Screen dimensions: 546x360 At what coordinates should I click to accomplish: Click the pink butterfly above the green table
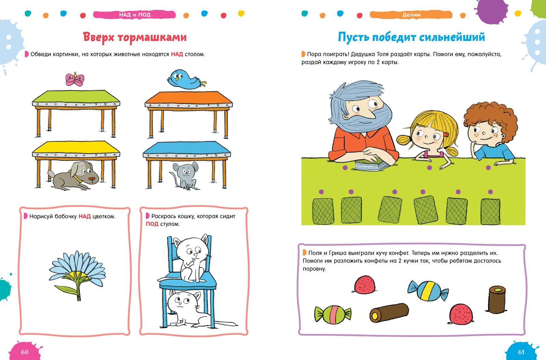coord(75,79)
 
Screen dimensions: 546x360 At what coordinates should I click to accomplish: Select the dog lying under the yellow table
coord(74,175)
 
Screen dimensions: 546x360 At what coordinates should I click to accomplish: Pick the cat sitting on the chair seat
coord(191,258)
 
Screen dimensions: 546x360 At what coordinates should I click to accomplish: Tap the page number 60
coord(25,352)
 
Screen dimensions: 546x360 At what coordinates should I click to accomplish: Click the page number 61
coord(521,352)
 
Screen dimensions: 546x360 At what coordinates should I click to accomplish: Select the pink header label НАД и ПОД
coord(134,15)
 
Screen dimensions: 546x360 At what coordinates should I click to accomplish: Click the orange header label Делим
coord(411,15)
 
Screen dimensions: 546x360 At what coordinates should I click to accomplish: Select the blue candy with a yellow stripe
coord(428,290)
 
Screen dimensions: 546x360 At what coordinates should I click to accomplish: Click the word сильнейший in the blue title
coord(452,38)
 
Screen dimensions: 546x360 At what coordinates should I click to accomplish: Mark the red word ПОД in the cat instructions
coord(152,224)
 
